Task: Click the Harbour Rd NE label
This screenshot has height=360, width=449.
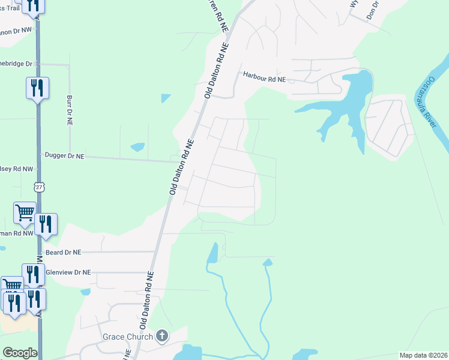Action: click(x=264, y=76)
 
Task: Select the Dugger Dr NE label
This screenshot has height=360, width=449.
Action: click(x=65, y=155)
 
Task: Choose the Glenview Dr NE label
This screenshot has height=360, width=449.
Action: click(x=68, y=272)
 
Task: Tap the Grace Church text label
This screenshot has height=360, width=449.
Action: click(x=128, y=337)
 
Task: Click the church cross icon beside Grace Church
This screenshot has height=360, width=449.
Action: click(x=162, y=336)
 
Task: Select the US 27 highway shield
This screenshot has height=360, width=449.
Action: click(x=39, y=188)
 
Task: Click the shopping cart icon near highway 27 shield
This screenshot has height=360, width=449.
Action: click(x=25, y=212)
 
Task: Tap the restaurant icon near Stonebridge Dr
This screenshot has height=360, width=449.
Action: click(x=37, y=88)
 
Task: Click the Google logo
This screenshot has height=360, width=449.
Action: click(x=20, y=353)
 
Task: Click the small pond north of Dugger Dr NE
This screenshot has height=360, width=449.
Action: click(x=137, y=146)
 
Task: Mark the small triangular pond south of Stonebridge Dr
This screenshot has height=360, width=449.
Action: click(x=166, y=98)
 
